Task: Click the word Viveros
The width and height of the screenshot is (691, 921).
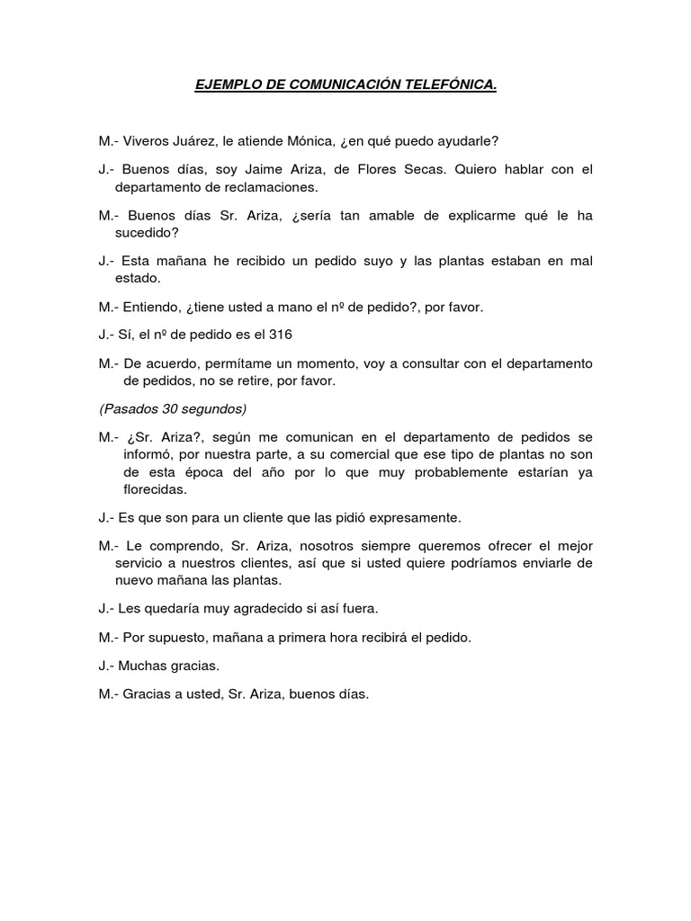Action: (148, 141)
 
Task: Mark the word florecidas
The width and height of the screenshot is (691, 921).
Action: (155, 490)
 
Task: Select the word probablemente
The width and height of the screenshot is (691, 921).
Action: (457, 472)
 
